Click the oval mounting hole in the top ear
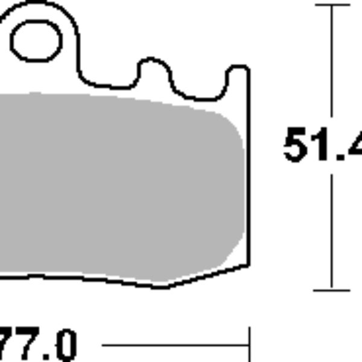click(36, 41)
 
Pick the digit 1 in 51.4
click(322, 145)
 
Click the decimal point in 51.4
click(339, 158)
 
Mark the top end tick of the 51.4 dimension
click(332, 5)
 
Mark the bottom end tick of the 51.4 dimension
click(332, 290)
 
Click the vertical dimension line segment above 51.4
click(332, 66)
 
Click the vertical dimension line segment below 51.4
click(332, 229)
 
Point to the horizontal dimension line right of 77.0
click(175, 347)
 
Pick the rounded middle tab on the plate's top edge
click(154, 66)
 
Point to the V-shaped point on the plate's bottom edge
click(162, 286)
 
